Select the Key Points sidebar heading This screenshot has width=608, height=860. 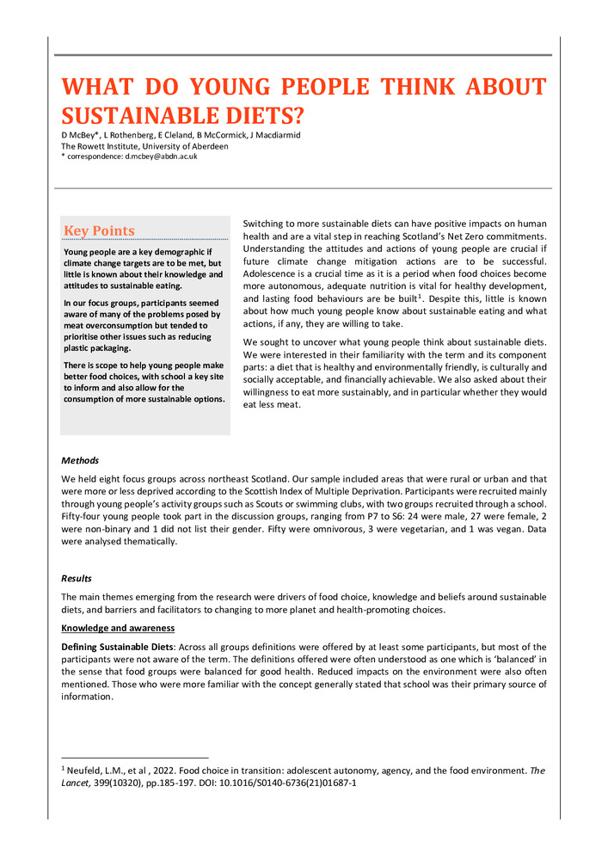pyautogui.click(x=99, y=230)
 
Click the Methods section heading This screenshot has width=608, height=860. pyautogui.click(x=80, y=461)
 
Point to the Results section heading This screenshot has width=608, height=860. pyautogui.click(x=77, y=579)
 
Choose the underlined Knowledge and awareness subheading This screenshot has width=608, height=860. pyautogui.click(x=113, y=628)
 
